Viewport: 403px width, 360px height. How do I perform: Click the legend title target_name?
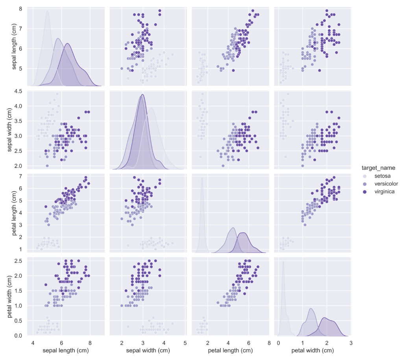(378, 168)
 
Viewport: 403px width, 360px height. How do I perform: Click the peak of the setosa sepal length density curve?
(48, 11)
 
